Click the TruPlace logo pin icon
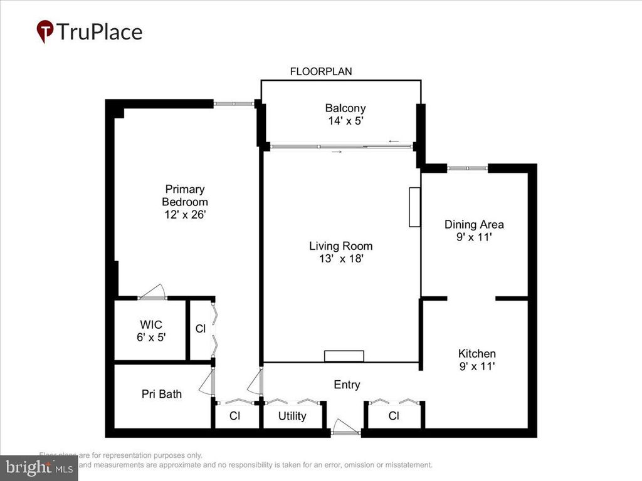click(x=45, y=31)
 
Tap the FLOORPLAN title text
click(x=320, y=71)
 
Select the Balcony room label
click(x=345, y=108)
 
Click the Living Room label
click(x=340, y=246)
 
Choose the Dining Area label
click(x=474, y=224)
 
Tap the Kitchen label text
click(x=476, y=354)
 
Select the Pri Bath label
click(x=161, y=394)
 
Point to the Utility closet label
click(x=292, y=416)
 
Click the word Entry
click(x=347, y=385)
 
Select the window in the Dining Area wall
click(x=467, y=168)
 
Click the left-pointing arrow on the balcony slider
click(x=394, y=142)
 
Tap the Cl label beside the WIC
click(x=200, y=328)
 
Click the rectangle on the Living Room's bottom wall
click(x=344, y=356)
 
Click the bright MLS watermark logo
click(x=39, y=467)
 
